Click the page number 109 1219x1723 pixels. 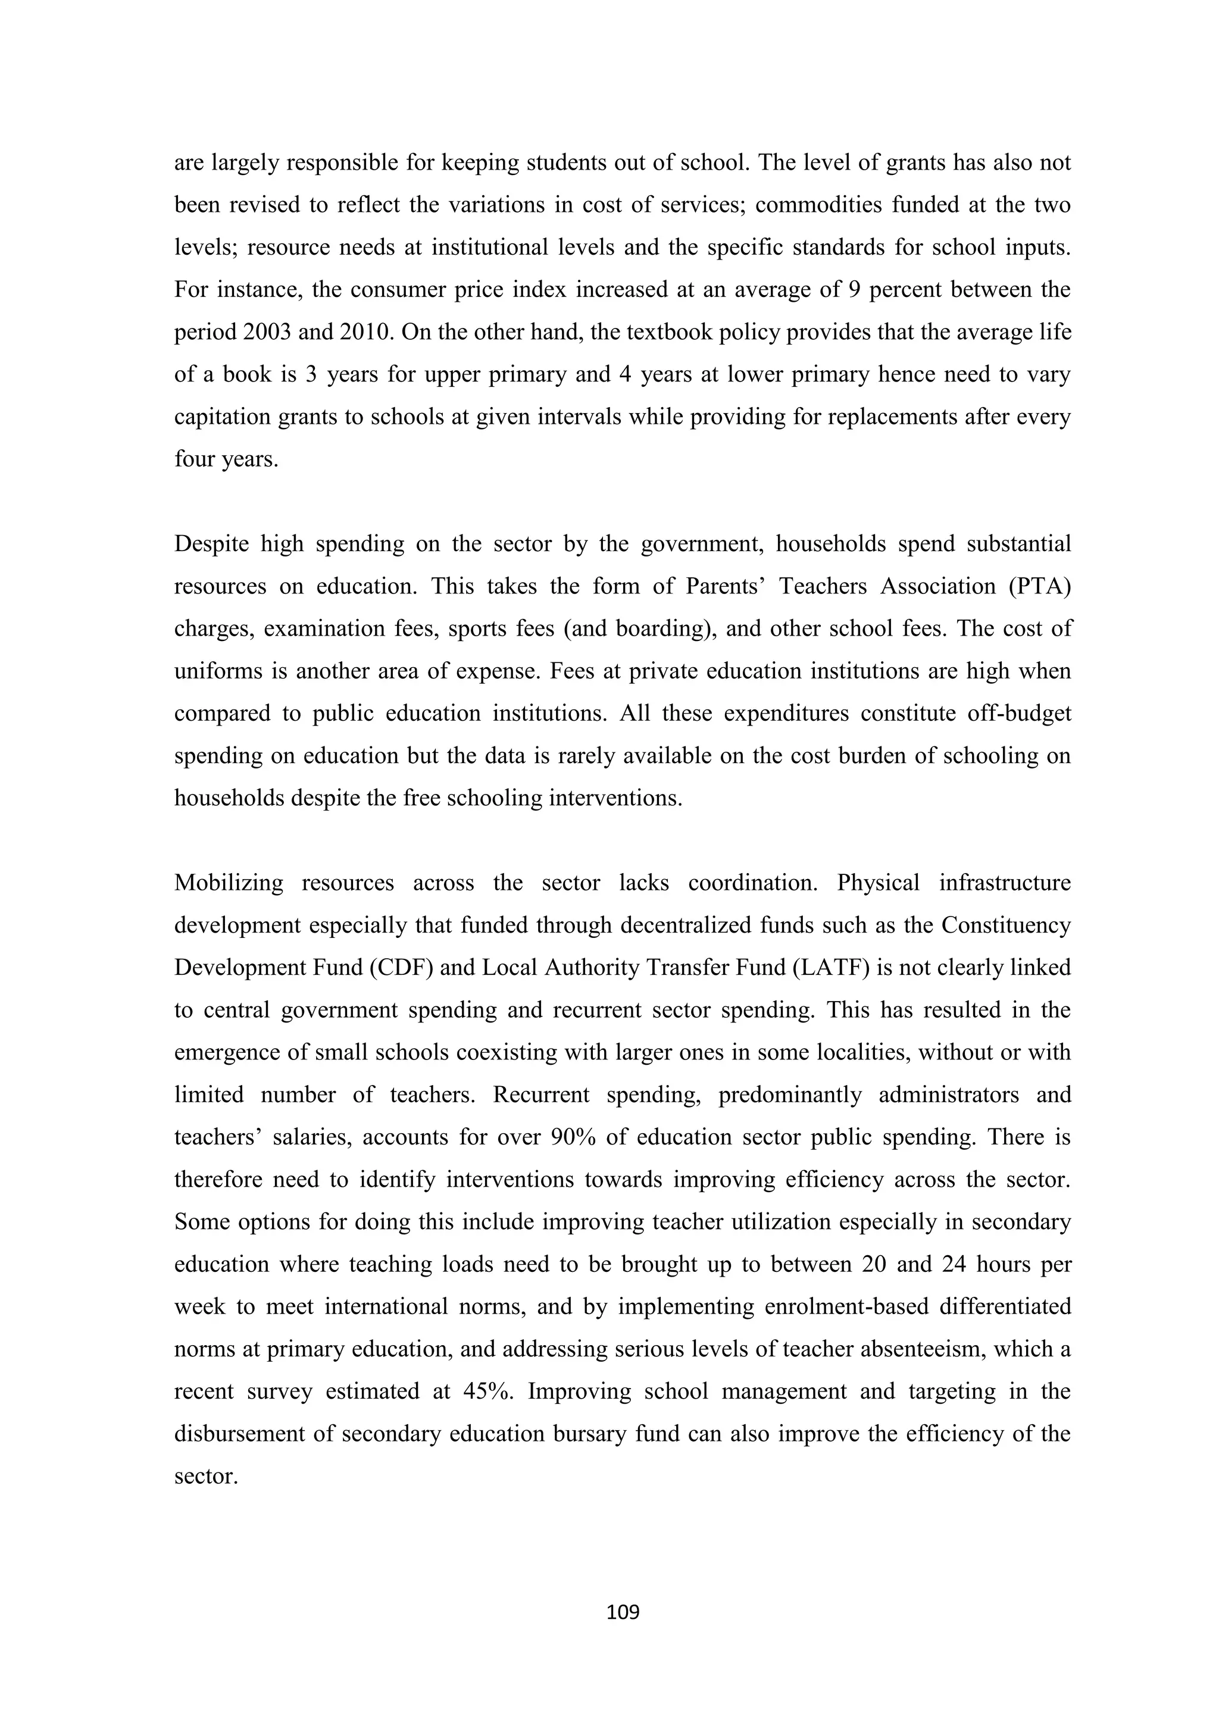tap(622, 1611)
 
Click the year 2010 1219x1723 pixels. tap(365, 332)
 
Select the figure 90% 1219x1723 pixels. tap(573, 1138)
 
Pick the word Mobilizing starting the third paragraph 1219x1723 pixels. tap(229, 883)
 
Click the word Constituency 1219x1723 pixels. tap(1006, 925)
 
